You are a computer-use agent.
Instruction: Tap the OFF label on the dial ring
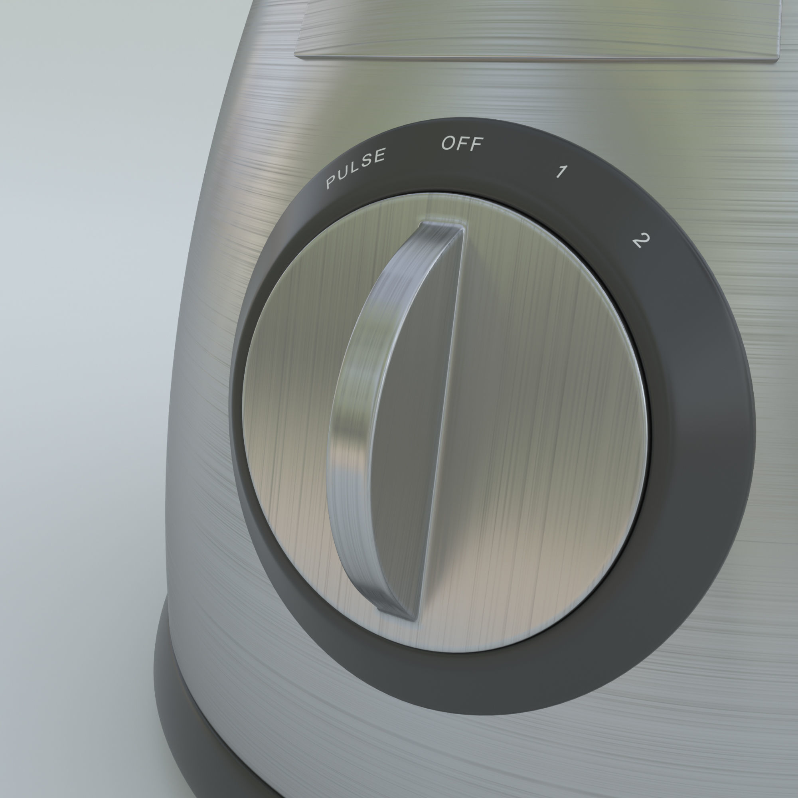point(462,143)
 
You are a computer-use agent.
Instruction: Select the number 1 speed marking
point(561,171)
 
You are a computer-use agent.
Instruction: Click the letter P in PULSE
point(331,182)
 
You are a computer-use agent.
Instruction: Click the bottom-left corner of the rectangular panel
point(296,54)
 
